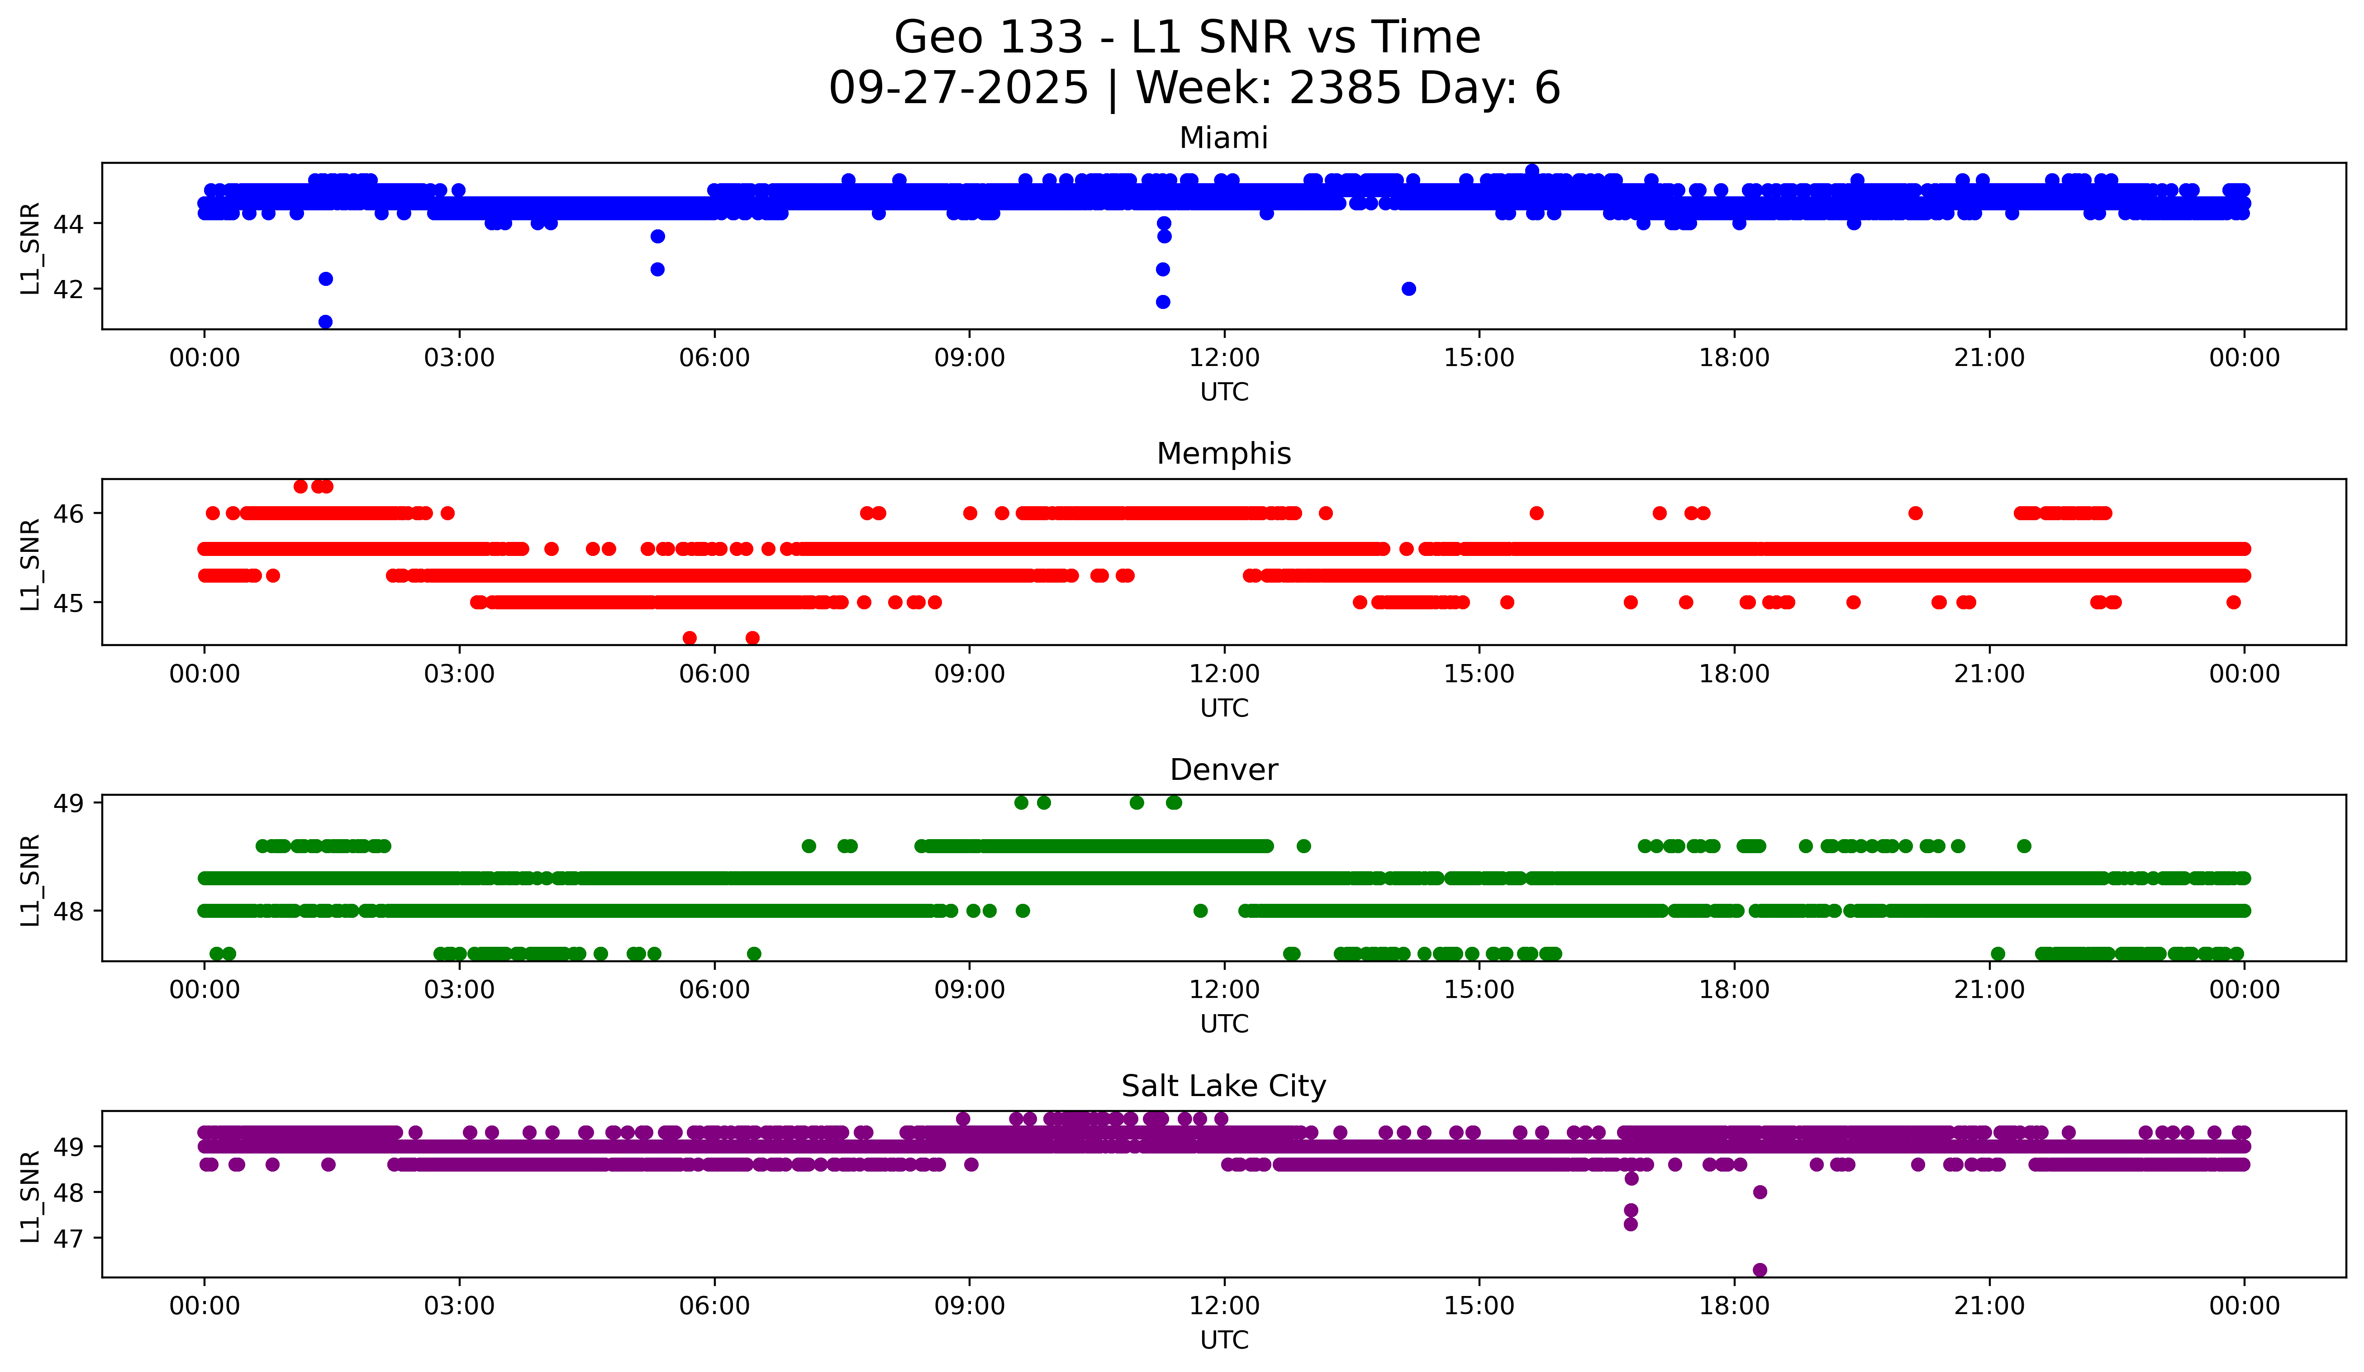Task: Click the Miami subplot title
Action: tap(1223, 138)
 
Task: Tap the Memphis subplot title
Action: tap(1223, 454)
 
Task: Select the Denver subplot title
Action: tap(1223, 770)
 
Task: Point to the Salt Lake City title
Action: tap(1223, 1086)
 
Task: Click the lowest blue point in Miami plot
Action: tap(325, 322)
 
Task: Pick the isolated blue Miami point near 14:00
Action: tap(1408, 289)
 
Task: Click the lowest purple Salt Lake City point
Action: tap(1760, 1270)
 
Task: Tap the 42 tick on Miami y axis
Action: tap(68, 289)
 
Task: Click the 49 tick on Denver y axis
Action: tap(68, 803)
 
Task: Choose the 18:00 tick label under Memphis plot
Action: tap(1734, 674)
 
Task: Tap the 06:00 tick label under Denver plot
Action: tap(714, 990)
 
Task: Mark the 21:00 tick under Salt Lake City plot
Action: tap(1989, 1306)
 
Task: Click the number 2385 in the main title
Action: tap(1345, 88)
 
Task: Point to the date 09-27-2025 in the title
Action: tap(958, 88)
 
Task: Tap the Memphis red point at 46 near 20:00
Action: tap(1916, 513)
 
